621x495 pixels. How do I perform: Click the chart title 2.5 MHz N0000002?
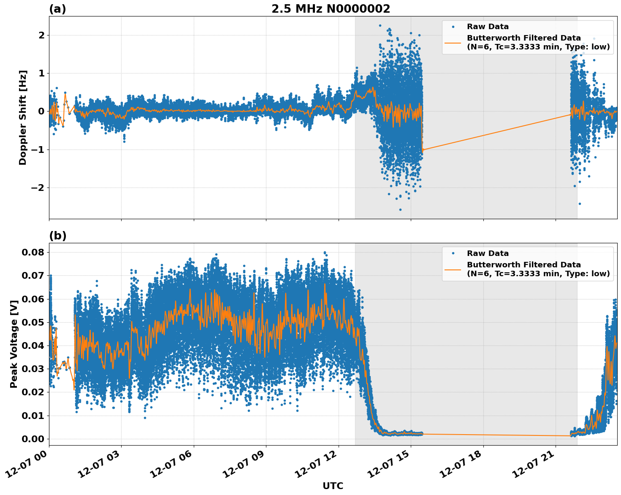[x=331, y=9]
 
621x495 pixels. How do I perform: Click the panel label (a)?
[x=57, y=9]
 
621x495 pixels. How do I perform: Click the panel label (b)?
[x=58, y=236]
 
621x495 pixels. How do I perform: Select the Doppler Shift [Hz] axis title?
[x=23, y=117]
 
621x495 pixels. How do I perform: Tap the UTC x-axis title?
[x=333, y=486]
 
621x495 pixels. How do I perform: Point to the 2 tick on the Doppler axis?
[x=41, y=35]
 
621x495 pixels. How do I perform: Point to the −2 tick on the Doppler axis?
[x=38, y=188]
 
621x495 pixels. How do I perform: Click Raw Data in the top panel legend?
[x=488, y=27]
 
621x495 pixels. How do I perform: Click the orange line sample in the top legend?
[x=453, y=42]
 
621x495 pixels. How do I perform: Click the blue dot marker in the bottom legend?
[x=453, y=253]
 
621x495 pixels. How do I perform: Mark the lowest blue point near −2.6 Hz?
[x=400, y=209]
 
